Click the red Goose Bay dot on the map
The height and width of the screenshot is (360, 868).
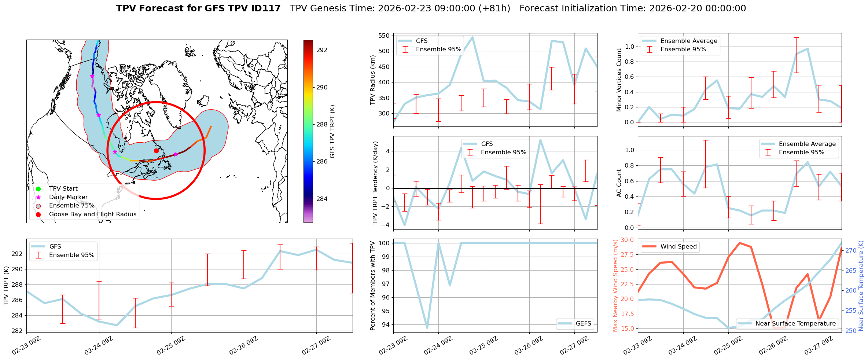[x=156, y=151]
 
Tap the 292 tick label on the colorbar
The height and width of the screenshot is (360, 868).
[x=322, y=50]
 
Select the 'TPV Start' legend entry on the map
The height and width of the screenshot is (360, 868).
[x=63, y=189]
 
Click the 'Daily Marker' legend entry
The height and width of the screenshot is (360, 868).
[x=68, y=197]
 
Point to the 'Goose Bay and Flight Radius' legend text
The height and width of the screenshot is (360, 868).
[x=92, y=214]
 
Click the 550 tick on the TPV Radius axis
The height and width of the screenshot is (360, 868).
[x=384, y=36]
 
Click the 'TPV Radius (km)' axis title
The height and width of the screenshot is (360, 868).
[x=373, y=80]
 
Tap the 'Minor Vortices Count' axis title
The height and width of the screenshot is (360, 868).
[x=619, y=80]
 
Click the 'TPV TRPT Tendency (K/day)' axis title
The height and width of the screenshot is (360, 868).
[x=375, y=183]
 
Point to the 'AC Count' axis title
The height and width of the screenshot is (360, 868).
[x=619, y=183]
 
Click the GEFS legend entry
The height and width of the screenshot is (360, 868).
[x=583, y=324]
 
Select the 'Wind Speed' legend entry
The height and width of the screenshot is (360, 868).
[x=678, y=247]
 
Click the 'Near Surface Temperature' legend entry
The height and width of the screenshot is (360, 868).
[x=795, y=324]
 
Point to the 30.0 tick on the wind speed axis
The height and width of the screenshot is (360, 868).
[x=628, y=240]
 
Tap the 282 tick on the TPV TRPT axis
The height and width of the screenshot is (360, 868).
[x=18, y=331]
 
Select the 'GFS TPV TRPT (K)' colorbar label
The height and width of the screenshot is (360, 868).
[x=332, y=131]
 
